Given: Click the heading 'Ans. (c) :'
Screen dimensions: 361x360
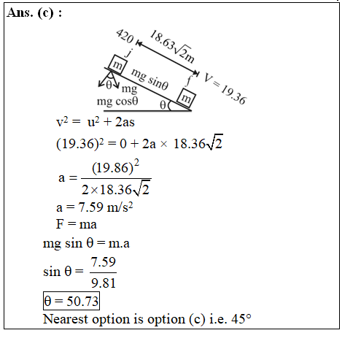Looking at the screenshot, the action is click(x=34, y=12).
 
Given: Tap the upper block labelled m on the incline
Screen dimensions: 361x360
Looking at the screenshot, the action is click(x=117, y=64).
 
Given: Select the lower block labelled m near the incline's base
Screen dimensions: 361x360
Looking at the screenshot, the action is click(x=186, y=98).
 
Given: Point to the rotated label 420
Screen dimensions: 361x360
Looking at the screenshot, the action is click(x=125, y=36).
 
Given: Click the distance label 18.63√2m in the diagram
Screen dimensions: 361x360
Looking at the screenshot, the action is click(x=172, y=47).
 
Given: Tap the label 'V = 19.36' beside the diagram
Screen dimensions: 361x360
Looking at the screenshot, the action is click(x=225, y=88).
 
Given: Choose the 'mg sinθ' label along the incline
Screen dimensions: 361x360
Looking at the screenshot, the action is click(x=150, y=79).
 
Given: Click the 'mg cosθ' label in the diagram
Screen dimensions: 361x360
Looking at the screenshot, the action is click(x=117, y=102).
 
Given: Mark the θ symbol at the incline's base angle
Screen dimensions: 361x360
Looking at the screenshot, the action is click(x=163, y=105).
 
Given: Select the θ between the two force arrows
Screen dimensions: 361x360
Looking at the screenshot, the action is click(x=109, y=85).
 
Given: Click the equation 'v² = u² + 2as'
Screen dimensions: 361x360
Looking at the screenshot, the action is click(x=95, y=122).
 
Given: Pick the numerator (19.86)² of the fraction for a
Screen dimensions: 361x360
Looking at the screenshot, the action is click(x=115, y=167).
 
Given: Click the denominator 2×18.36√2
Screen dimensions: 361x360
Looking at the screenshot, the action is click(x=116, y=189).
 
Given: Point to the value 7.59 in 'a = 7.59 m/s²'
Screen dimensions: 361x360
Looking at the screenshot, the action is click(x=90, y=207).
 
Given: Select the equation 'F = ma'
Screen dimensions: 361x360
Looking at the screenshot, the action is click(x=77, y=224).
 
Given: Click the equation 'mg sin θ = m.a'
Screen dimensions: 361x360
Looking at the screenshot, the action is click(x=86, y=243).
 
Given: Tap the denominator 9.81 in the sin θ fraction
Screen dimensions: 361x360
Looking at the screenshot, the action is click(x=104, y=283).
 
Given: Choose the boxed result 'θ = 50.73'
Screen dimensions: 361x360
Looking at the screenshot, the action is click(x=71, y=301).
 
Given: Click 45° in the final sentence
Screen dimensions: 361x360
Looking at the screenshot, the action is click(x=241, y=319).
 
